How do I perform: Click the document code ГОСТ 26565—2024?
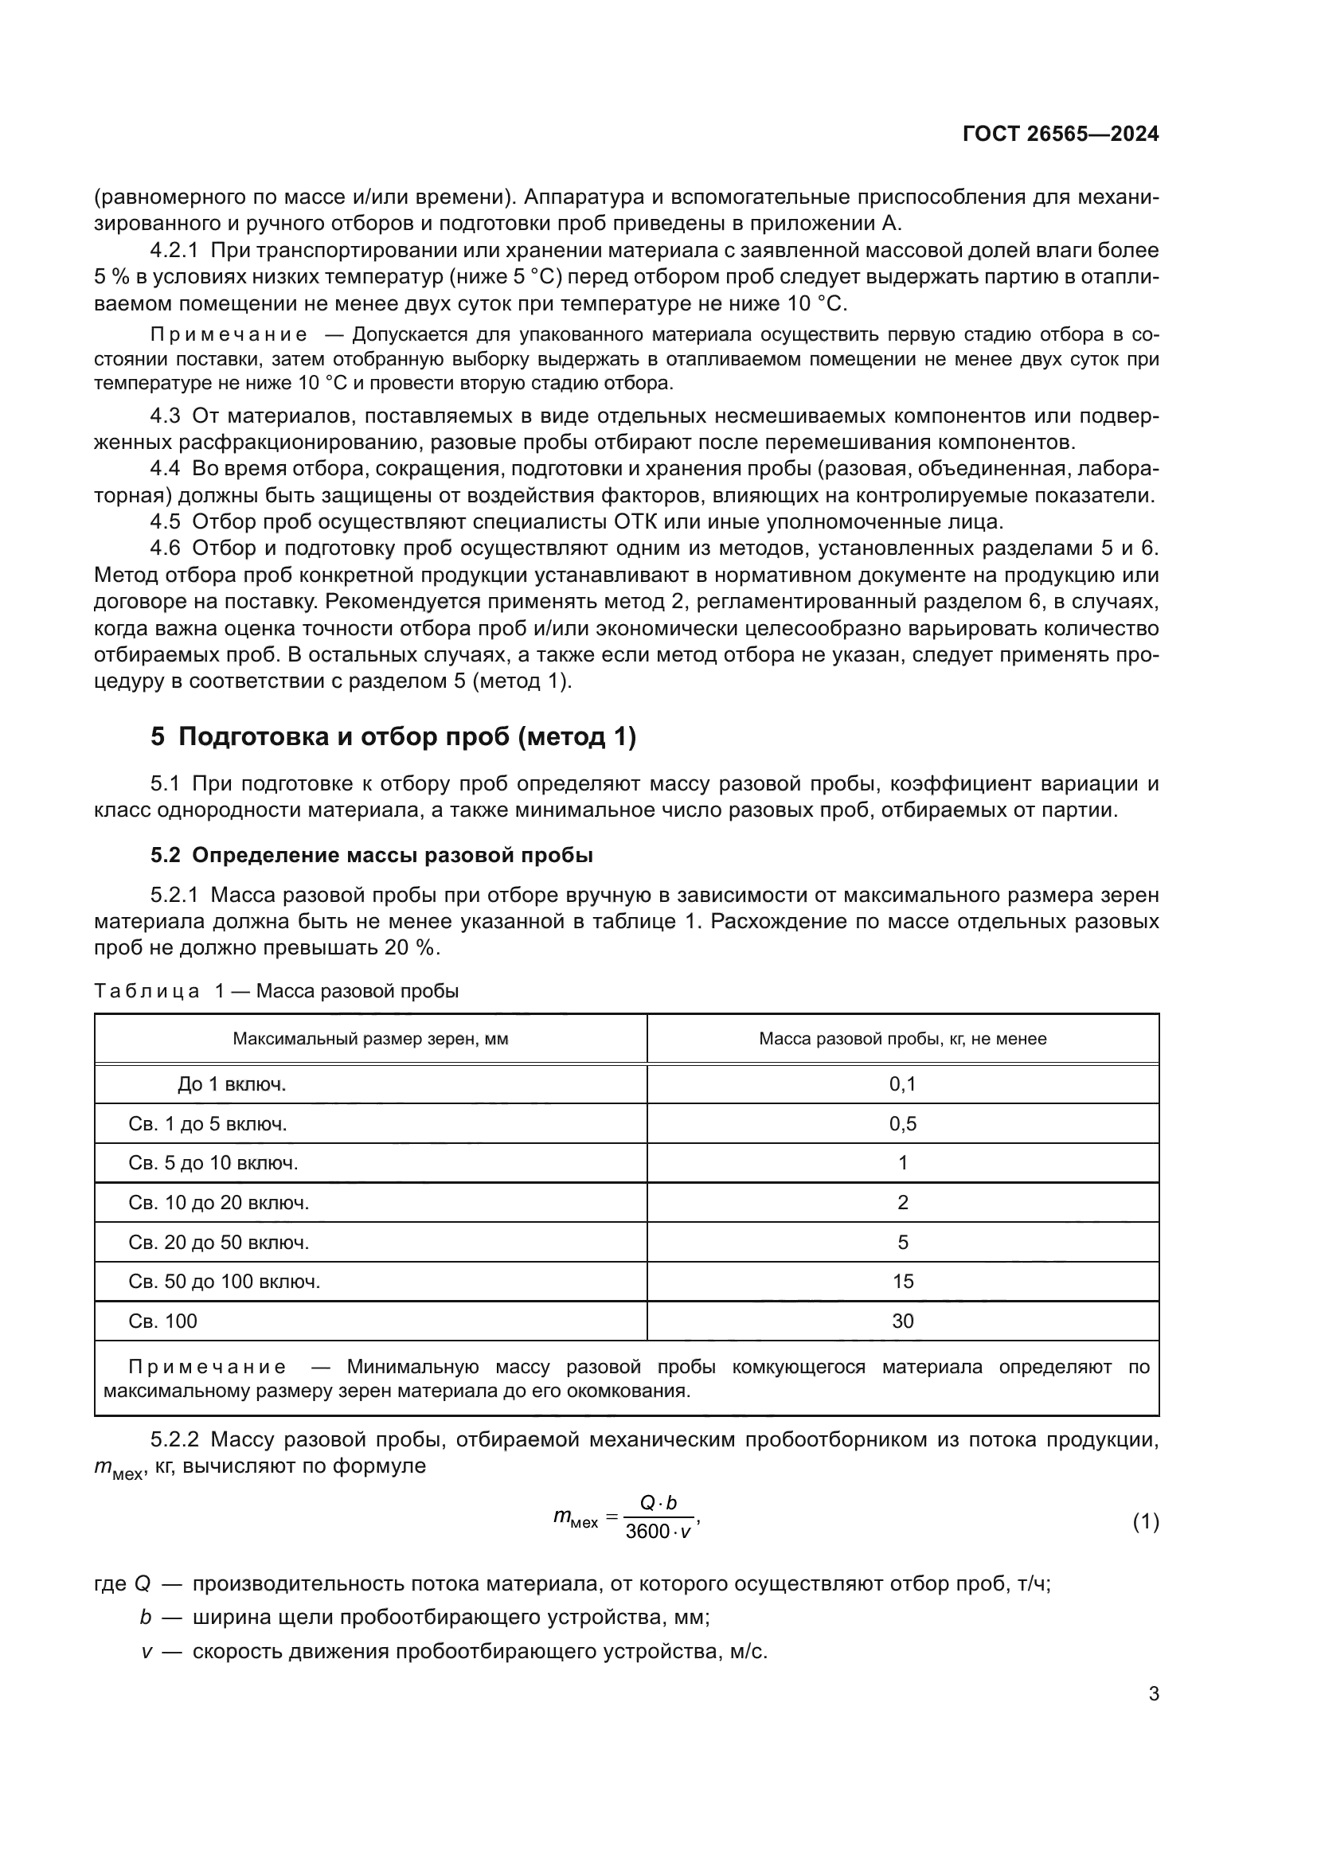click(x=1060, y=135)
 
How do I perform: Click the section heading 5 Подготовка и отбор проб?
click(x=393, y=736)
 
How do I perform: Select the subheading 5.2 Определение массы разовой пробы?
click(x=371, y=856)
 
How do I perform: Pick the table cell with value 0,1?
click(x=902, y=1084)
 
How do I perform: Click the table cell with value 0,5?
click(x=902, y=1124)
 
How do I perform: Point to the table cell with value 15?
click(x=902, y=1282)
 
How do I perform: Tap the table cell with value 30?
click(x=902, y=1321)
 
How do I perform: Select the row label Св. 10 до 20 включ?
click(x=219, y=1203)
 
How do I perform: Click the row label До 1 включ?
click(x=232, y=1084)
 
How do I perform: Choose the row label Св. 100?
click(x=163, y=1321)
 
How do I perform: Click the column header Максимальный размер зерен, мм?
click(x=370, y=1039)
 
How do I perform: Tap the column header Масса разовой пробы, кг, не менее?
click(x=902, y=1039)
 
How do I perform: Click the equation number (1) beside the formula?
click(x=1145, y=1522)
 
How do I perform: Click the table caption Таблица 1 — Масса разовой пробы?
click(x=276, y=991)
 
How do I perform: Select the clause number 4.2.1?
click(x=174, y=251)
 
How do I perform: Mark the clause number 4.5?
click(x=165, y=521)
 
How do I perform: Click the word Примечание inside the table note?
click(x=207, y=1367)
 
